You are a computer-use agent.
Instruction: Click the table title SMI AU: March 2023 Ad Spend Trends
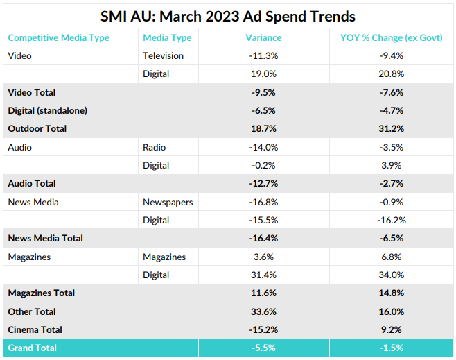228,17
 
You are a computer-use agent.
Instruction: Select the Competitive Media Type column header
59,37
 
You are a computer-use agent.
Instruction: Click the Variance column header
264,37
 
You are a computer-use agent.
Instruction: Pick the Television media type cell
164,55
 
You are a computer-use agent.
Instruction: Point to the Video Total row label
32,92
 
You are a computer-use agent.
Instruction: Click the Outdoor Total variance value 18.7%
264,128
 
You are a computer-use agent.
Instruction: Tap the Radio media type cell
155,147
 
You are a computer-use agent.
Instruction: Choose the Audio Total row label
32,183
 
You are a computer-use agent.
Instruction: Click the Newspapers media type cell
168,202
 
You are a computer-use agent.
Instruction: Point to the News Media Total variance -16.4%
264,238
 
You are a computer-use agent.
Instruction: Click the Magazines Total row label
42,293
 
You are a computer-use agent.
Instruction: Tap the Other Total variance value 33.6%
264,311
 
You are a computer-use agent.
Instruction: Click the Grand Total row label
33,348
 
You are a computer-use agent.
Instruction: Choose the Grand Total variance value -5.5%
264,348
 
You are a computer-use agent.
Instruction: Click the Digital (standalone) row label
48,110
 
